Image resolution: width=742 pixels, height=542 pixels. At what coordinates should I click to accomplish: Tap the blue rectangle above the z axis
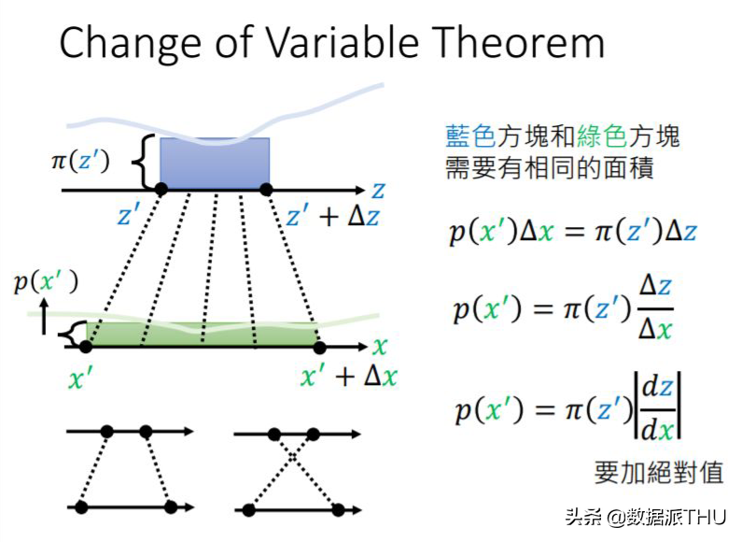[x=215, y=162]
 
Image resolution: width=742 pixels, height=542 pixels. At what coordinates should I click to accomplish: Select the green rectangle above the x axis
[x=202, y=335]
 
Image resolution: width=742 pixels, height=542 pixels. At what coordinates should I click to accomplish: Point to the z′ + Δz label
[x=333, y=218]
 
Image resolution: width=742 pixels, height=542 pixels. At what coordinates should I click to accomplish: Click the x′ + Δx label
[x=347, y=376]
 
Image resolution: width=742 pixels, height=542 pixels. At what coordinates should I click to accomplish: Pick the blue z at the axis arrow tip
[x=377, y=190]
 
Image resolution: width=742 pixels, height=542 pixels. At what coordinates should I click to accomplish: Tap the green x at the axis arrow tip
[x=379, y=347]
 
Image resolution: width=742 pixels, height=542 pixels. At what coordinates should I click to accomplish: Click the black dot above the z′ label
[x=161, y=190]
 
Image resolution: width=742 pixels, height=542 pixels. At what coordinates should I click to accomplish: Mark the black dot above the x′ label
[x=86, y=347]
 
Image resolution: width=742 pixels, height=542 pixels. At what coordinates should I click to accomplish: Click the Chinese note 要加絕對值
[x=658, y=472]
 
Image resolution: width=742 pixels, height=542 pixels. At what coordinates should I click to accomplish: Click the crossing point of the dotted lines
[x=293, y=459]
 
